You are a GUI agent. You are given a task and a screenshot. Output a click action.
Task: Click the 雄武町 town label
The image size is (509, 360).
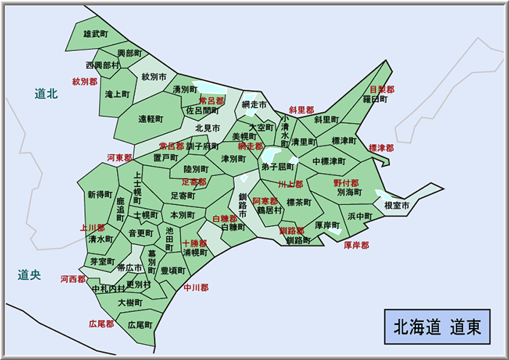pyautogui.click(x=96, y=34)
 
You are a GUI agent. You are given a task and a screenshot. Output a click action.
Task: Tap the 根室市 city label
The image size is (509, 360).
pyautogui.click(x=397, y=206)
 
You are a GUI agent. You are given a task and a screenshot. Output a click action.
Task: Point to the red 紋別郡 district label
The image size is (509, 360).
pyautogui.click(x=84, y=81)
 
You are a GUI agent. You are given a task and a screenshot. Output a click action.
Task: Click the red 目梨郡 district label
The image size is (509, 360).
pyautogui.click(x=382, y=89)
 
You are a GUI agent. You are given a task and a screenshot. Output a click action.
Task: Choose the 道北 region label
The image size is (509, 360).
pyautogui.click(x=46, y=93)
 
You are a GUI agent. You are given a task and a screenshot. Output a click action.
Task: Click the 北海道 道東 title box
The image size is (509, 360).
pyautogui.click(x=436, y=326)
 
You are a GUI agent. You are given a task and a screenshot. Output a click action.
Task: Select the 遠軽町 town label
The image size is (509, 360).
pyautogui.click(x=151, y=118)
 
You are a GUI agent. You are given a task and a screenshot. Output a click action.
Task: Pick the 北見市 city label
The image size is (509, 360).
pyautogui.click(x=207, y=128)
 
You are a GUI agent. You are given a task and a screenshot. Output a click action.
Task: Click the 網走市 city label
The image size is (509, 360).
pyautogui.click(x=254, y=105)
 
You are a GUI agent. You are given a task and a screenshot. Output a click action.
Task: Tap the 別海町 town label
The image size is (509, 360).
pyautogui.click(x=350, y=193)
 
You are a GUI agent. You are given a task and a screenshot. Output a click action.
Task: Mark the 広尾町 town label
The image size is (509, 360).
pyautogui.click(x=140, y=324)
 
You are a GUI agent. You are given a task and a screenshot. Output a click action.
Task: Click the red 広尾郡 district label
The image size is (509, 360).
pyautogui.click(x=101, y=323)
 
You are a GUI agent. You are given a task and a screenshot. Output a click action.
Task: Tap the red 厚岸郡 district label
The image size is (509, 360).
pyautogui.click(x=356, y=245)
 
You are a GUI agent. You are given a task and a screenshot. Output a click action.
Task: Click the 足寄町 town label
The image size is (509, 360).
pyautogui.click(x=183, y=196)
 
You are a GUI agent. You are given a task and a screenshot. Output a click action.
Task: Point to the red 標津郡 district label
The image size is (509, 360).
pyautogui.click(x=381, y=148)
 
